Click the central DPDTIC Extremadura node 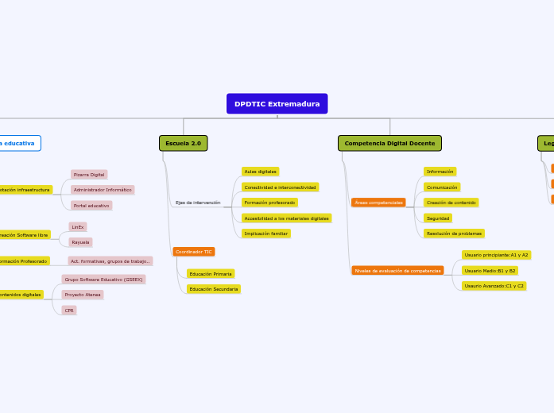277,104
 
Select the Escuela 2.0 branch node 183,143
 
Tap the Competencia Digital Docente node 389,143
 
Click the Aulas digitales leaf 260,172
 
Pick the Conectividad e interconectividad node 280,187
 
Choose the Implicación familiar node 265,234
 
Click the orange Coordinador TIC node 193,252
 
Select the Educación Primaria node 210,274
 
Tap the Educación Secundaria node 213,289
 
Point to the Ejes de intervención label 198,203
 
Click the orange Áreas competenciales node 378,203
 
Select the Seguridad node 438,218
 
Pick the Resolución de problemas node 454,234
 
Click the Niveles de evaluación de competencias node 397,271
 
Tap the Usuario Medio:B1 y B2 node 490,271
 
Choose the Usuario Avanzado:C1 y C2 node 494,286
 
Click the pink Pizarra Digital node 88,175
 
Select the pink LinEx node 77,227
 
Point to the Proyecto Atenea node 83,295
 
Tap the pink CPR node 69,311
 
